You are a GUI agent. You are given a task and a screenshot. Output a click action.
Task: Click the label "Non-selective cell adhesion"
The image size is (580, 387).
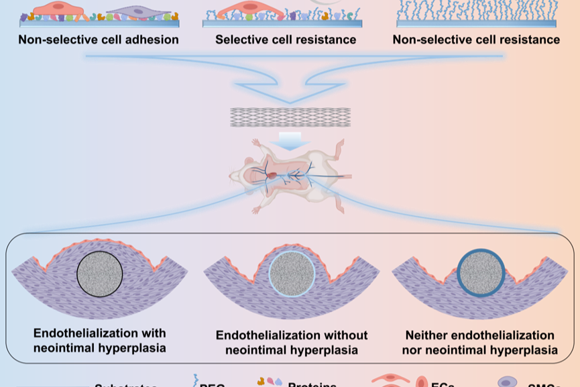99,40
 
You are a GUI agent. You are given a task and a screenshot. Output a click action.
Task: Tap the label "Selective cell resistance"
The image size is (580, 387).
285,40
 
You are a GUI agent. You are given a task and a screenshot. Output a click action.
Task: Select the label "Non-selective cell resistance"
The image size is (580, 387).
476,40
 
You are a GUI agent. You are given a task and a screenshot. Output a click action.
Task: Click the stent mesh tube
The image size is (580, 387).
289,117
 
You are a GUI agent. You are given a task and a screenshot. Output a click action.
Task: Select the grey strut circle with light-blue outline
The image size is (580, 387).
291,275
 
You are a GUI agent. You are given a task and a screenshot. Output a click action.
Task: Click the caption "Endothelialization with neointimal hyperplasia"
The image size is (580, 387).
100,339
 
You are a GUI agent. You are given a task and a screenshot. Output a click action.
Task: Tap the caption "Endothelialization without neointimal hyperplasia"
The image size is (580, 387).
291,342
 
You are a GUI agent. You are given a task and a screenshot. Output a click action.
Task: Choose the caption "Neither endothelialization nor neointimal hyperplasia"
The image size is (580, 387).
480,342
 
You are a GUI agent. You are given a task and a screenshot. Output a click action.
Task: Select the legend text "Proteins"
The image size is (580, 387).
312,385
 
